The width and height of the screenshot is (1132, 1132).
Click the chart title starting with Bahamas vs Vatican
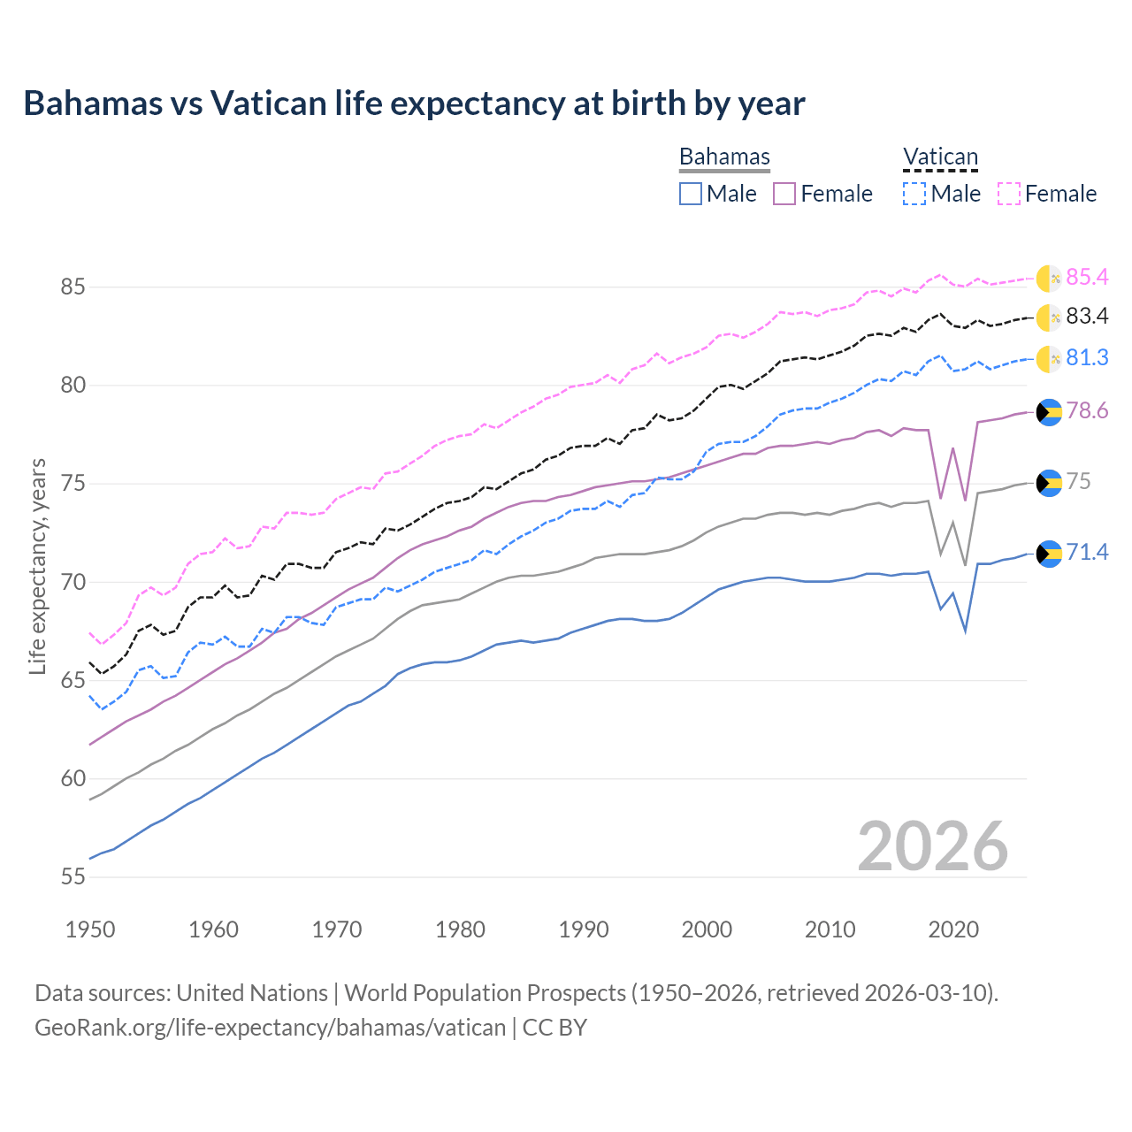pyautogui.click(x=414, y=103)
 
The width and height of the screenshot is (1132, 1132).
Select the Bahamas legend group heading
pyautogui.click(x=724, y=157)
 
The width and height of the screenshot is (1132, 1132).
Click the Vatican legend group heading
pyautogui.click(x=940, y=157)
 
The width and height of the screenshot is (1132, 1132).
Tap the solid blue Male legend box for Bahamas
pyautogui.click(x=691, y=194)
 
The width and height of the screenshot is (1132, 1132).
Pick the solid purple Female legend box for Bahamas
pyautogui.click(x=784, y=194)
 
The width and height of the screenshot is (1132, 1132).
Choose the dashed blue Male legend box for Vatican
pyautogui.click(x=914, y=194)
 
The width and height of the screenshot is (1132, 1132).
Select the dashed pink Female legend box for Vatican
pyautogui.click(x=1009, y=194)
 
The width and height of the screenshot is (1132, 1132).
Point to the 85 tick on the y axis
pyautogui.click(x=73, y=287)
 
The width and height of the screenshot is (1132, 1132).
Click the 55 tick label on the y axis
pyautogui.click(x=73, y=877)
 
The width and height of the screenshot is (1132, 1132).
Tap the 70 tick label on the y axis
pyautogui.click(x=73, y=582)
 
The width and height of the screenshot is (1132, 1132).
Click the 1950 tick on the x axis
pyautogui.click(x=90, y=929)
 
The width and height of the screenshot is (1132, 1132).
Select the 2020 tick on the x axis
pyautogui.click(x=953, y=929)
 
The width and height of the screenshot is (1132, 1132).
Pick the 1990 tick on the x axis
pyautogui.click(x=584, y=929)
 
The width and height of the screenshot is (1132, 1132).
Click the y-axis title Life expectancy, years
pyautogui.click(x=37, y=566)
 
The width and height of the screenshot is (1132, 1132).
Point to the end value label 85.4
pyautogui.click(x=1087, y=278)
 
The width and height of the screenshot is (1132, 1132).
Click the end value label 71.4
pyautogui.click(x=1087, y=553)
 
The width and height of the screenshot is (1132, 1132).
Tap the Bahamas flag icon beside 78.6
pyautogui.click(x=1049, y=412)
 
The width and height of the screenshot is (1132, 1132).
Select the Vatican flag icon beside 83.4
pyautogui.click(x=1049, y=317)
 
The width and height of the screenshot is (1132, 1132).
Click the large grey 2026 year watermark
pyautogui.click(x=933, y=846)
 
